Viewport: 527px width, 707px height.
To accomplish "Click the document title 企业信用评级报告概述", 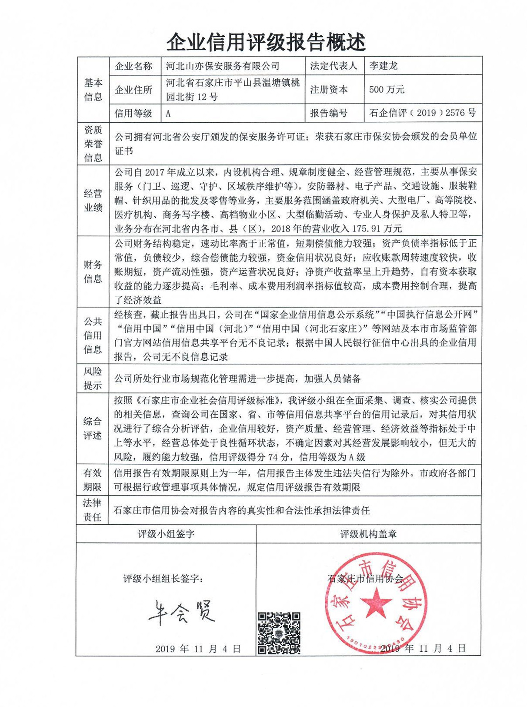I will point(266,42).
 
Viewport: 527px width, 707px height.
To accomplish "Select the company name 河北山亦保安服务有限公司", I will point(223,66).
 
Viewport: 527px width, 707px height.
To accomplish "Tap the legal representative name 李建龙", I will point(384,66).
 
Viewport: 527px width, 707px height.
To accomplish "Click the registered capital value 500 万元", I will point(387,90).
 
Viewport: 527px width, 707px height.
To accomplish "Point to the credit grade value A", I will point(168,114).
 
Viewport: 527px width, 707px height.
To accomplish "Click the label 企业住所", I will point(133,90).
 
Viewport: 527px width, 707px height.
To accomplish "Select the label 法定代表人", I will point(334,66).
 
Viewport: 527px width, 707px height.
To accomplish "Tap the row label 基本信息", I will point(93,90).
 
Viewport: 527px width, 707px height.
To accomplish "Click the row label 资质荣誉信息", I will point(93,144).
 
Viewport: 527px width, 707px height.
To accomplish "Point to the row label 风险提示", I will point(93,378).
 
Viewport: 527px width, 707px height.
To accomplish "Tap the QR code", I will point(279,633).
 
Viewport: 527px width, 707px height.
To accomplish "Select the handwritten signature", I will point(182,612).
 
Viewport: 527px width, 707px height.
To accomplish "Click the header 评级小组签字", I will point(166,534).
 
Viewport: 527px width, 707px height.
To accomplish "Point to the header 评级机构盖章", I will point(368,534).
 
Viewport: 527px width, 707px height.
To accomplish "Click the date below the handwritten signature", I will point(198,649).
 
